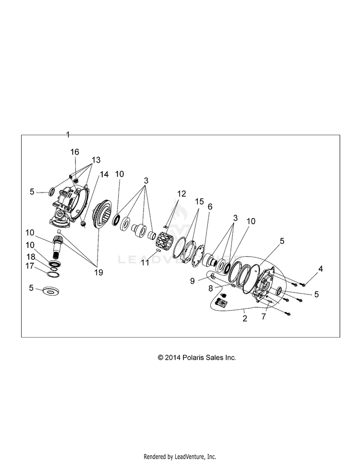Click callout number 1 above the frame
click(68, 133)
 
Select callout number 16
click(75, 152)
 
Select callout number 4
click(321, 269)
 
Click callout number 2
click(245, 318)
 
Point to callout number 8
click(210, 289)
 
